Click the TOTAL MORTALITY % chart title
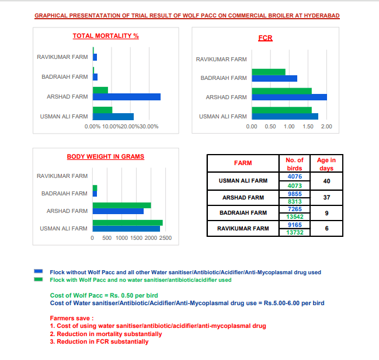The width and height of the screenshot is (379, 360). (106, 36)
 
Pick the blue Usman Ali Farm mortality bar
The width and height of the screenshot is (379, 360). (113, 117)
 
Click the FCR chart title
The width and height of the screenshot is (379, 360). (265, 39)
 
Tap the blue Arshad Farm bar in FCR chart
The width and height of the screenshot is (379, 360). (289, 97)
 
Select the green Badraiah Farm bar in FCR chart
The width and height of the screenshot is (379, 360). (269, 72)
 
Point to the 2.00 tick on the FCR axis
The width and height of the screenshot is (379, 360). (326, 127)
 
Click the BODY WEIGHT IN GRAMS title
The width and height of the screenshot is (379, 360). (106, 156)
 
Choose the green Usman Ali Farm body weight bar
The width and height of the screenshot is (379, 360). (127, 223)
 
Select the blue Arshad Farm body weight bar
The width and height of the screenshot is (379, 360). (118, 211)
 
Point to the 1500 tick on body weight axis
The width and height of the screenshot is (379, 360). (136, 238)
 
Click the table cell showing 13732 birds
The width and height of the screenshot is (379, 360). (294, 232)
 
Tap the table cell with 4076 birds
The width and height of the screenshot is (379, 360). (294, 176)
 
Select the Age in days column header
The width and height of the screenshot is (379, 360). (326, 163)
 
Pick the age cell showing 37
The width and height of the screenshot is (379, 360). (326, 198)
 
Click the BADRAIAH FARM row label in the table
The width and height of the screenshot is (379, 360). (243, 213)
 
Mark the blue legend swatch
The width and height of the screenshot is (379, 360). (39, 271)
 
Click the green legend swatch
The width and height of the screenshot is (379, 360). (39, 279)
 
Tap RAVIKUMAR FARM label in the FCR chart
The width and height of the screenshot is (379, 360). (221, 60)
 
